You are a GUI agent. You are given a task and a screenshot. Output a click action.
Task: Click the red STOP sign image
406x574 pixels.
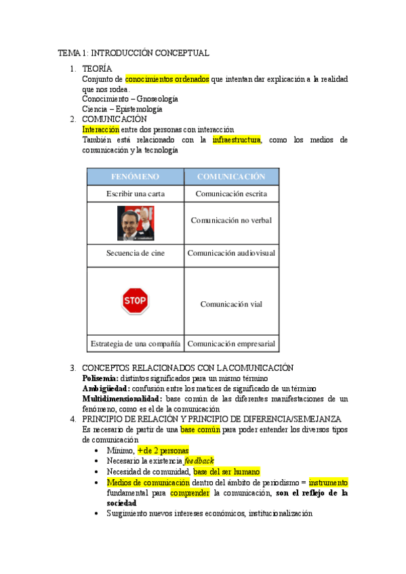point(135,301)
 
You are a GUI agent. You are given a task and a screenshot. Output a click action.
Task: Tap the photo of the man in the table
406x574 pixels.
point(135,223)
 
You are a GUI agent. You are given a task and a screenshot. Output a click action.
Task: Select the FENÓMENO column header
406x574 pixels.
point(135,177)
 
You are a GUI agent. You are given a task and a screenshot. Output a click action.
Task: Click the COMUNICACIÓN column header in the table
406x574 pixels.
point(231,177)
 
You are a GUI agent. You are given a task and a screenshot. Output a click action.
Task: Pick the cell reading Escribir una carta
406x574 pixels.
point(135,194)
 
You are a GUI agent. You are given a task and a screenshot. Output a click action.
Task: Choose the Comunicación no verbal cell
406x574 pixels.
point(231,220)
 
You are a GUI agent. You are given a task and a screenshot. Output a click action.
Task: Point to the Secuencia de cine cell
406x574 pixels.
point(135,253)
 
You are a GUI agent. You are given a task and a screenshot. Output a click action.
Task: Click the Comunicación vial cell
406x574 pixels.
point(231,304)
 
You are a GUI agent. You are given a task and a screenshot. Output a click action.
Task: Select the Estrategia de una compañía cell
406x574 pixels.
point(135,344)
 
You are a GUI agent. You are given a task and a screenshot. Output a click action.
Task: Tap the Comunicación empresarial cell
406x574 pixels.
point(231,344)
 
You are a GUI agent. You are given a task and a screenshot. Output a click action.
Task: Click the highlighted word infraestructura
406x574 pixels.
point(236,140)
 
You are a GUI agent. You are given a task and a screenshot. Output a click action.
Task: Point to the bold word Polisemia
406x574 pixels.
point(100,378)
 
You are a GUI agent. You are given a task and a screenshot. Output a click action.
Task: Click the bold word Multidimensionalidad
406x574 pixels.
point(121,399)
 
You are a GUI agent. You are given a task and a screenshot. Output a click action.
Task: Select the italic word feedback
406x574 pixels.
point(199,461)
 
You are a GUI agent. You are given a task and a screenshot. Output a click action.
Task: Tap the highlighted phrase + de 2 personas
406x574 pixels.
point(163,451)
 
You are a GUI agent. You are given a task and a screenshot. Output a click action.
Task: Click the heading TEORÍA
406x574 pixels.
point(97,69)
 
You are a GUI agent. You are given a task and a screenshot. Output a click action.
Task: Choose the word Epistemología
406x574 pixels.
point(138,109)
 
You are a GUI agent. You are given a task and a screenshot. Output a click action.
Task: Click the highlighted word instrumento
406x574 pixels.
point(328,483)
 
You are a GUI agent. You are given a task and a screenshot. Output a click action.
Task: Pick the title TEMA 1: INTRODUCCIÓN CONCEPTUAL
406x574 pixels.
point(133,53)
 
